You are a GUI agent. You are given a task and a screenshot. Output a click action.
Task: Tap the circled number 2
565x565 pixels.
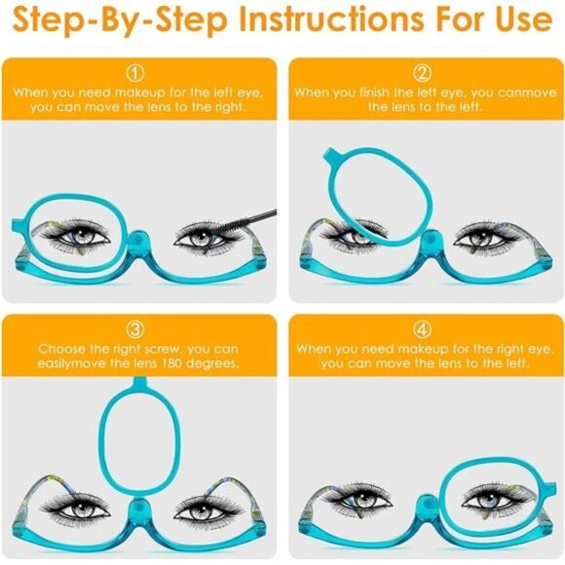423,73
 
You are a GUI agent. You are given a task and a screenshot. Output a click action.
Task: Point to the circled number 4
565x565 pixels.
423,328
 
